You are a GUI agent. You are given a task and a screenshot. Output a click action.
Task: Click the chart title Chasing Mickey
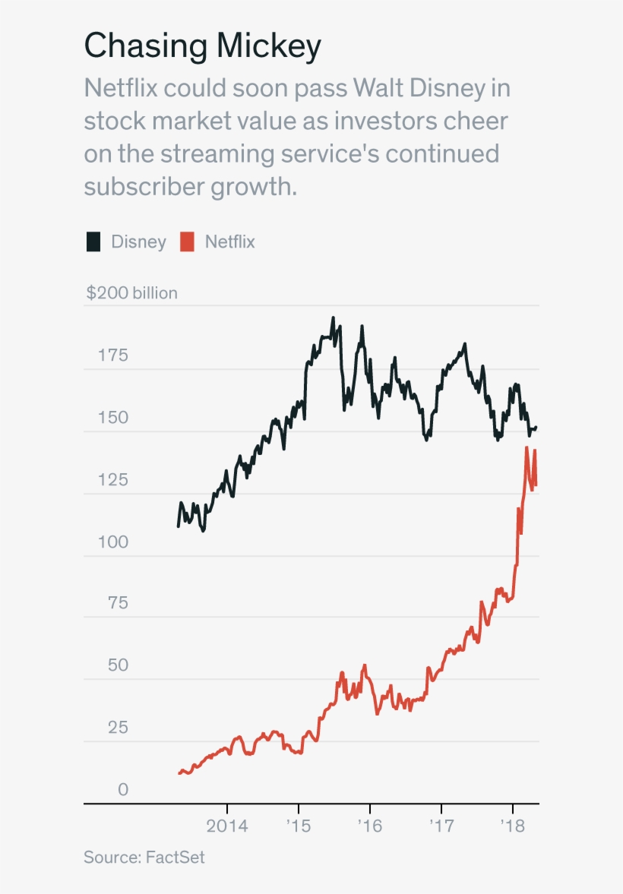(202, 47)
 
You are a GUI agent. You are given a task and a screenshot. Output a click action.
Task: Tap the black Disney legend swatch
(93, 242)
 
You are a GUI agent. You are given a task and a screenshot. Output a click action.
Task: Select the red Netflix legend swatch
(187, 242)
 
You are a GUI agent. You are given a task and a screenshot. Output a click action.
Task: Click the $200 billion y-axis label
(131, 293)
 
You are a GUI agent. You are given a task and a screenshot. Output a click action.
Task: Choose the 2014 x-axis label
(226, 826)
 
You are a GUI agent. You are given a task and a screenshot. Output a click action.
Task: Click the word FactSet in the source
(175, 858)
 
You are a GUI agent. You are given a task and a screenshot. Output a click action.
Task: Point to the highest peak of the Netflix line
(527, 448)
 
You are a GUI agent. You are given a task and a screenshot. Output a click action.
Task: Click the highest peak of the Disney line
(333, 318)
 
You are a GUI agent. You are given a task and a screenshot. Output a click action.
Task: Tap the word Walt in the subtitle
(379, 88)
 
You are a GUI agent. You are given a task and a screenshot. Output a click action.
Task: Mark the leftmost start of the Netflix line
(179, 773)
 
